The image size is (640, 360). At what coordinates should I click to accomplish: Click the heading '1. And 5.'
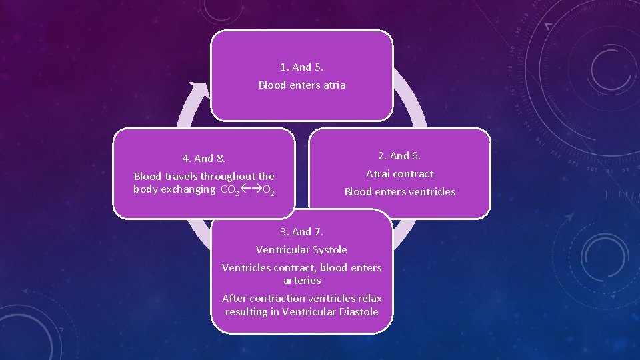tap(302, 67)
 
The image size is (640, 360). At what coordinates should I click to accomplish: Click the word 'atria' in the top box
tap(333, 85)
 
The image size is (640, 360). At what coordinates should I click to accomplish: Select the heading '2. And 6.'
tap(399, 156)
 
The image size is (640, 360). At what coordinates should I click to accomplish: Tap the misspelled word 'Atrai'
tap(378, 174)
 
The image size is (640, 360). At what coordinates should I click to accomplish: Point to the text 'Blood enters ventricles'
tap(399, 192)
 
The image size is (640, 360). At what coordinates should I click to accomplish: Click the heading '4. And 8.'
tap(204, 159)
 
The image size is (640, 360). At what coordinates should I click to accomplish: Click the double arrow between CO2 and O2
tap(251, 190)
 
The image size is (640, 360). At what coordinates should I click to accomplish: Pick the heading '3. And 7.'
tap(301, 232)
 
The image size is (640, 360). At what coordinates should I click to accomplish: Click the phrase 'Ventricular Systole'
tap(301, 250)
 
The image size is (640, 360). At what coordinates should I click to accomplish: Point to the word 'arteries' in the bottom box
tap(302, 281)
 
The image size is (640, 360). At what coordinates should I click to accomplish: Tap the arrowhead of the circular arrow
tap(197, 87)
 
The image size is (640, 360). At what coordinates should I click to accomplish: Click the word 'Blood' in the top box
tap(272, 85)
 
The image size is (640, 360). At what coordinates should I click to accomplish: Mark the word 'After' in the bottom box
tap(234, 299)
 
